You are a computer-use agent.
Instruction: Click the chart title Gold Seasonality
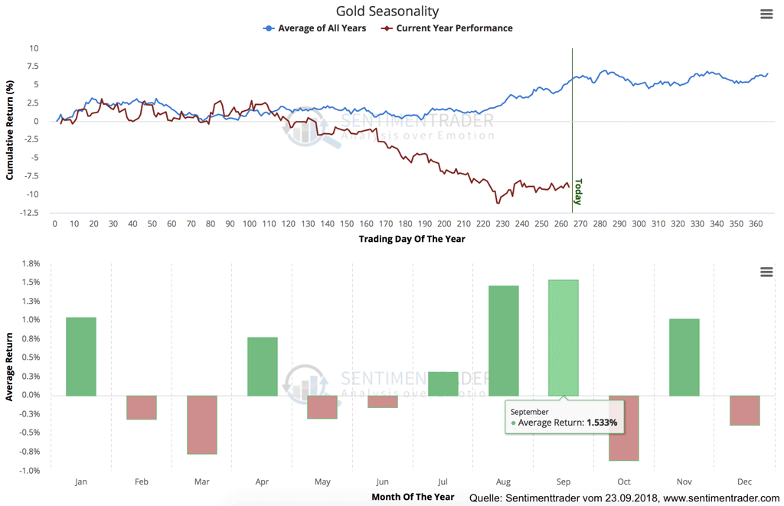click(387, 11)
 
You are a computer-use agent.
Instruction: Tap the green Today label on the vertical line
click(578, 191)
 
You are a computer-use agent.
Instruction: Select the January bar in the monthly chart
click(81, 357)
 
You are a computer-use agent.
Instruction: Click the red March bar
click(202, 425)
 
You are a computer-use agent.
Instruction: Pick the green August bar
click(503, 341)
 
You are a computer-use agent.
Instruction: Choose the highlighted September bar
click(563, 338)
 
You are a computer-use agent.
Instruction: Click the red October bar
click(624, 428)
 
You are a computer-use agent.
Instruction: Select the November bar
click(684, 357)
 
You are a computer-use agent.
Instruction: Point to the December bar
click(745, 410)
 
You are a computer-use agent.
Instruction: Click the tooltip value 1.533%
click(602, 423)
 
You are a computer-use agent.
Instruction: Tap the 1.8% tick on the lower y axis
click(30, 263)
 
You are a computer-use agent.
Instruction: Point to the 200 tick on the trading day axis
click(445, 224)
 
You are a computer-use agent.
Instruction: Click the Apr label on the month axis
click(263, 482)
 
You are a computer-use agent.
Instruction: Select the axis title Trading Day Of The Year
click(411, 239)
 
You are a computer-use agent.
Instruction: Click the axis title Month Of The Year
click(413, 497)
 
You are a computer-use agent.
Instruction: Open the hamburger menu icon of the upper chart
click(766, 15)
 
